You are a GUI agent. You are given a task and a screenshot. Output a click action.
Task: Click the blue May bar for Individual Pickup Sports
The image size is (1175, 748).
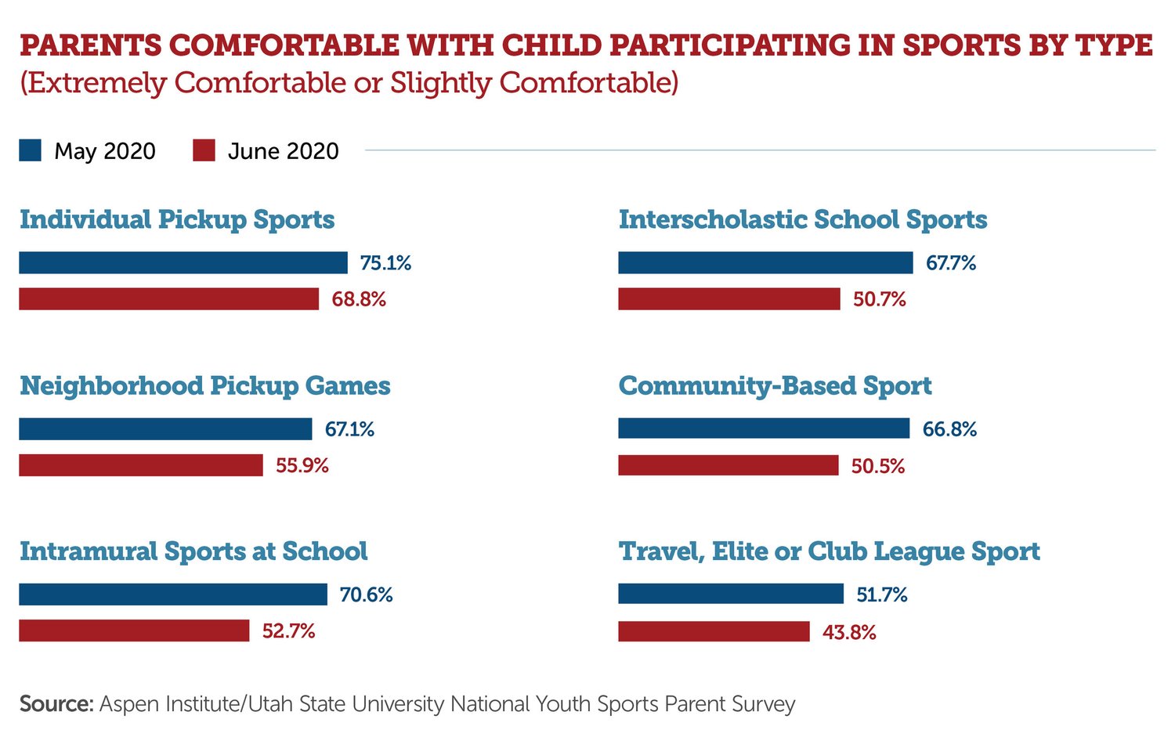coord(183,263)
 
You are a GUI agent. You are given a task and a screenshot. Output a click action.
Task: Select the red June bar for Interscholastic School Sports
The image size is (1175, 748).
coord(728,299)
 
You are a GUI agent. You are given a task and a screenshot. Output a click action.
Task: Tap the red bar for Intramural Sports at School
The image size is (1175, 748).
coord(134,631)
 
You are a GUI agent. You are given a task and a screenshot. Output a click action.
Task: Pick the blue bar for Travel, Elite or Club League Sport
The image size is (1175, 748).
coord(730,594)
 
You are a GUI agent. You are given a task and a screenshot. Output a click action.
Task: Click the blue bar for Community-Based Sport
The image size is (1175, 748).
coord(764,428)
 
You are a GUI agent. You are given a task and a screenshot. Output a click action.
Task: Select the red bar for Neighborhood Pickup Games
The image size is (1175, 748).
coord(141,465)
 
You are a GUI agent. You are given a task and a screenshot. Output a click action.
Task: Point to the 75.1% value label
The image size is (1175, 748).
coord(385,263)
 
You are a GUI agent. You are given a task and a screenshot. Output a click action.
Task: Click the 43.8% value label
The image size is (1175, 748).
coord(849,632)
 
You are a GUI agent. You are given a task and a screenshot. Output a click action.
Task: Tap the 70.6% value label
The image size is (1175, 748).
coord(366,594)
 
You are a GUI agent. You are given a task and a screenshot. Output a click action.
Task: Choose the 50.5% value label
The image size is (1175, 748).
coord(877,466)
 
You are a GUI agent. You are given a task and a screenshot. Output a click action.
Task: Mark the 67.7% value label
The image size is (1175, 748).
coord(951,263)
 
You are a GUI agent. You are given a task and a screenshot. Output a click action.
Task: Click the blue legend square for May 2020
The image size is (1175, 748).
coord(31,150)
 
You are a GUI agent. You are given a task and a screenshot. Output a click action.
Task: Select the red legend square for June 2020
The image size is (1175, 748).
coord(204,150)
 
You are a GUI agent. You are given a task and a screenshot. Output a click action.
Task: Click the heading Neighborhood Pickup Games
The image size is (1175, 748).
coord(204,386)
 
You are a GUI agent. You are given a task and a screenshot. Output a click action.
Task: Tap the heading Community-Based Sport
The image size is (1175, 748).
coord(775,386)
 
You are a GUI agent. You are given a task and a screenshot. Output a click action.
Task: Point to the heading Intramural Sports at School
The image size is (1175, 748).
coord(193,551)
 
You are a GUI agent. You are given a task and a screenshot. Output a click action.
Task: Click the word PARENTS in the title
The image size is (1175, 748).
coord(90,45)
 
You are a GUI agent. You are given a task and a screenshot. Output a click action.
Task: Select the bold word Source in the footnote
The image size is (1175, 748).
coord(56,703)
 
